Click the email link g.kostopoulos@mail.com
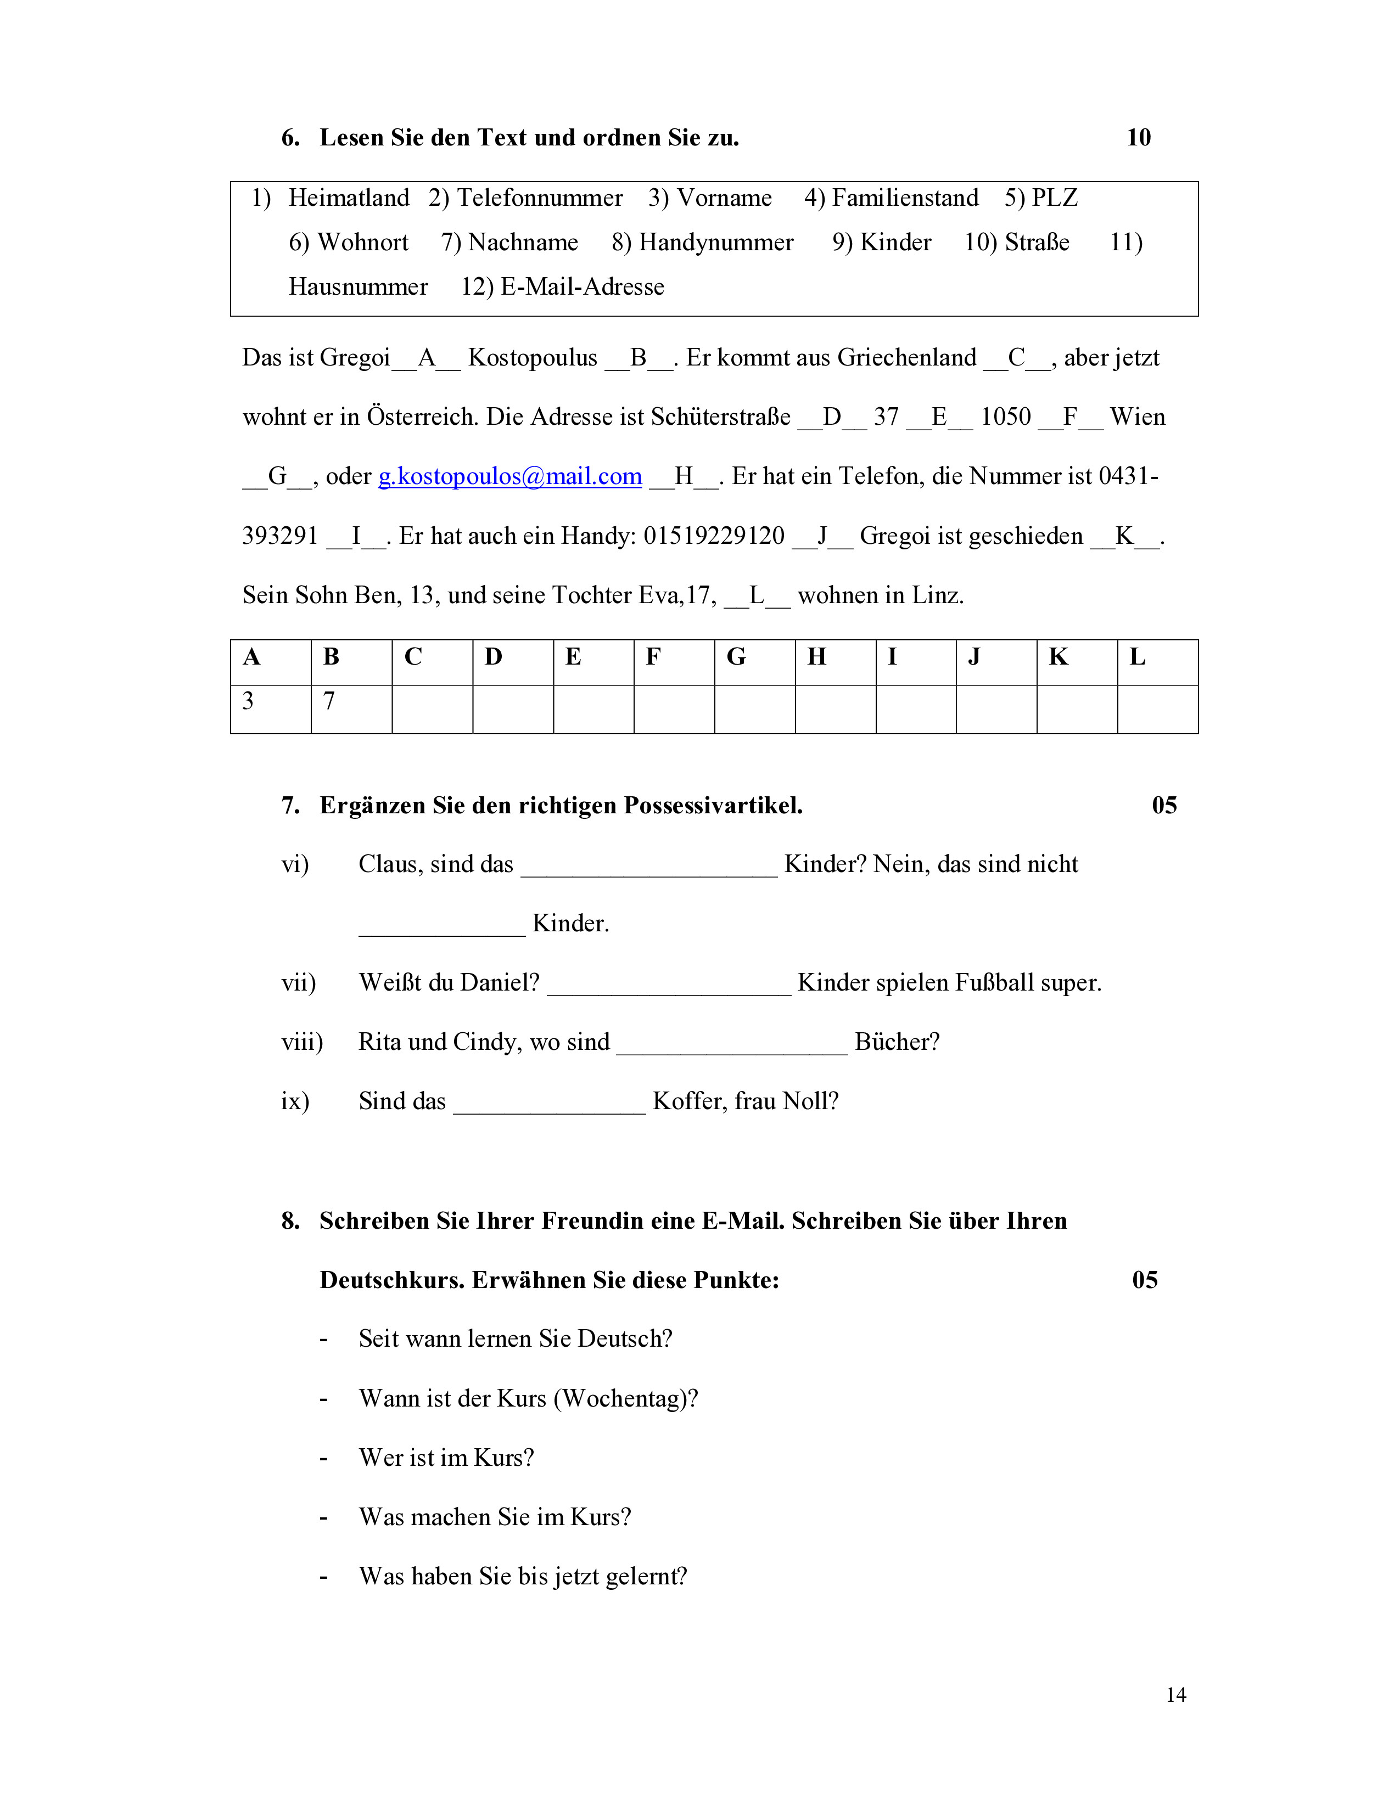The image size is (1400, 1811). click(x=510, y=476)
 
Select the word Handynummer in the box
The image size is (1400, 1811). click(x=716, y=242)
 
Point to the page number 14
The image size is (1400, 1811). click(x=1175, y=1695)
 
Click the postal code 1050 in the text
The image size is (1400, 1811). click(x=1005, y=417)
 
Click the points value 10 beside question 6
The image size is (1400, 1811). click(x=1138, y=138)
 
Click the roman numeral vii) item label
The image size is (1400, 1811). click(x=299, y=983)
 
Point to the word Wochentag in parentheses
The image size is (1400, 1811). click(x=625, y=1398)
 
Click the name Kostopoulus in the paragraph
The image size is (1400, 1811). click(x=533, y=357)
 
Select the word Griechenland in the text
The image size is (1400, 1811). click(x=906, y=357)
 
